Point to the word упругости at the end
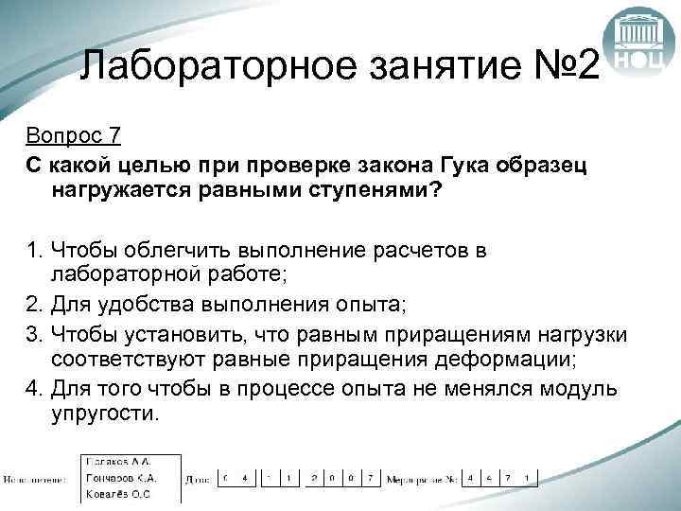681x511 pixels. point(105,414)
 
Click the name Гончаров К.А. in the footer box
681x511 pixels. point(118,478)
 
